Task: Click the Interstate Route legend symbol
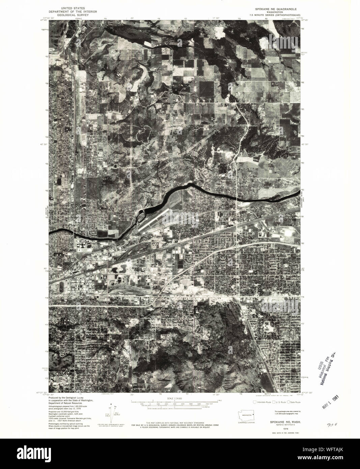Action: [255, 402]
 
